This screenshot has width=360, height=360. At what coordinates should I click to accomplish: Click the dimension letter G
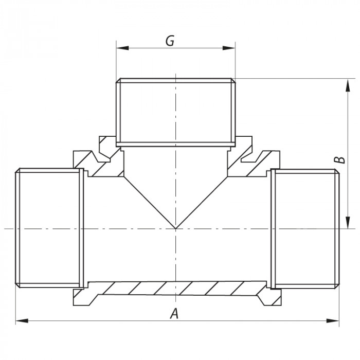[170, 41]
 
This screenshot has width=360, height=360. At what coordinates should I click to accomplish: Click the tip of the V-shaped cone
[175, 228]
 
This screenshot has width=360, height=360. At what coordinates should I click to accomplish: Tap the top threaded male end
[175, 111]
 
